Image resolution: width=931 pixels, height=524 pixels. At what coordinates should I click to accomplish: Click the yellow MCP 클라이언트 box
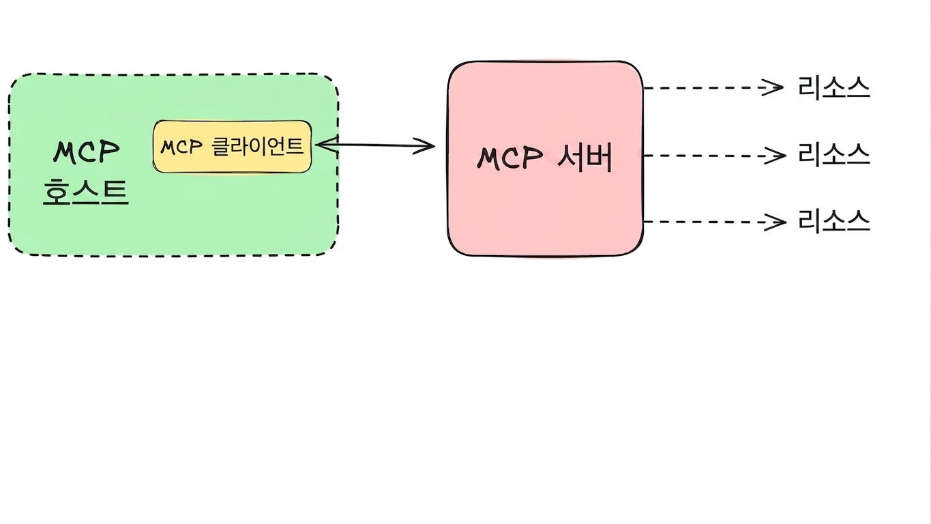(x=232, y=147)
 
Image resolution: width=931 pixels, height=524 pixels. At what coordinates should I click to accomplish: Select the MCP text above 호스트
(x=87, y=151)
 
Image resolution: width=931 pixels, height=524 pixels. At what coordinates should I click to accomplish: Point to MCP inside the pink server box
(x=509, y=158)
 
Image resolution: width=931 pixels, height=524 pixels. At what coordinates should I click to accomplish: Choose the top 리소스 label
(x=833, y=88)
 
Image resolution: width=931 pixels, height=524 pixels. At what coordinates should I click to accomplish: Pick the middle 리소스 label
(x=833, y=154)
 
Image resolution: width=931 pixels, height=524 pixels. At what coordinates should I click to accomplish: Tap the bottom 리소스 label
(x=833, y=221)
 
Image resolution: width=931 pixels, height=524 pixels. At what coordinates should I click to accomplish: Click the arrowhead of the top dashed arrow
(x=774, y=87)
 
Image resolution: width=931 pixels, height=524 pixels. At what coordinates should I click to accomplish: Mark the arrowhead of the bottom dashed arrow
(x=776, y=222)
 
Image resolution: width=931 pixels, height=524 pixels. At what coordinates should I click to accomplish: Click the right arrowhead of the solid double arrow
(x=425, y=146)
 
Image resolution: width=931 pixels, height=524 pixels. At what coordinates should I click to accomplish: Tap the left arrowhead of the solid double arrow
(x=327, y=145)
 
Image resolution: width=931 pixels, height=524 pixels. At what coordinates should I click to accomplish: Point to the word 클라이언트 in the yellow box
(x=258, y=147)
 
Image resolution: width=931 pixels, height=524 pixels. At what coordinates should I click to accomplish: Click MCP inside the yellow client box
(x=181, y=147)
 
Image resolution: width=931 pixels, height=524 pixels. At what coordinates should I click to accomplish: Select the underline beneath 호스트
(x=86, y=203)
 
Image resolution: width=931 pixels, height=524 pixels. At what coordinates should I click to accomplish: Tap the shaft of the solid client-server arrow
(x=375, y=145)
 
